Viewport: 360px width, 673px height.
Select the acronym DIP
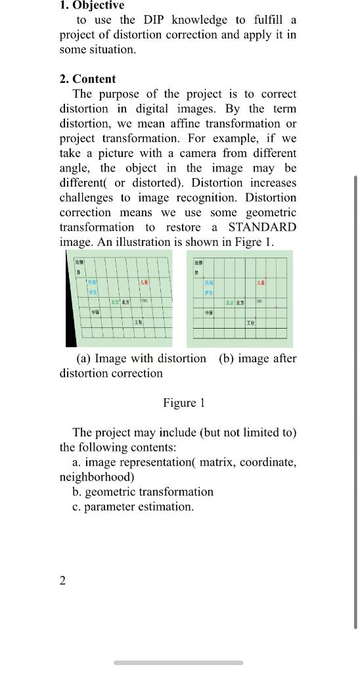click(x=154, y=20)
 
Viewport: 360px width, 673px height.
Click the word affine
click(x=212, y=124)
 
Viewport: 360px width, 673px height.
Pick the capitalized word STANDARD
click(x=262, y=227)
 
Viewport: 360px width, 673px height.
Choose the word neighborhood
click(x=97, y=477)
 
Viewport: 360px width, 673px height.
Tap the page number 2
click(x=62, y=580)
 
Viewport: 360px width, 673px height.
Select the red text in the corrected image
click(x=261, y=282)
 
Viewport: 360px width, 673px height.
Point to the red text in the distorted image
click(x=143, y=282)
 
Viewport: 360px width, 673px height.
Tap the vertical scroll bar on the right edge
click(x=355, y=401)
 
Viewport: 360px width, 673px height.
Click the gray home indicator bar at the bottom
click(x=179, y=662)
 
